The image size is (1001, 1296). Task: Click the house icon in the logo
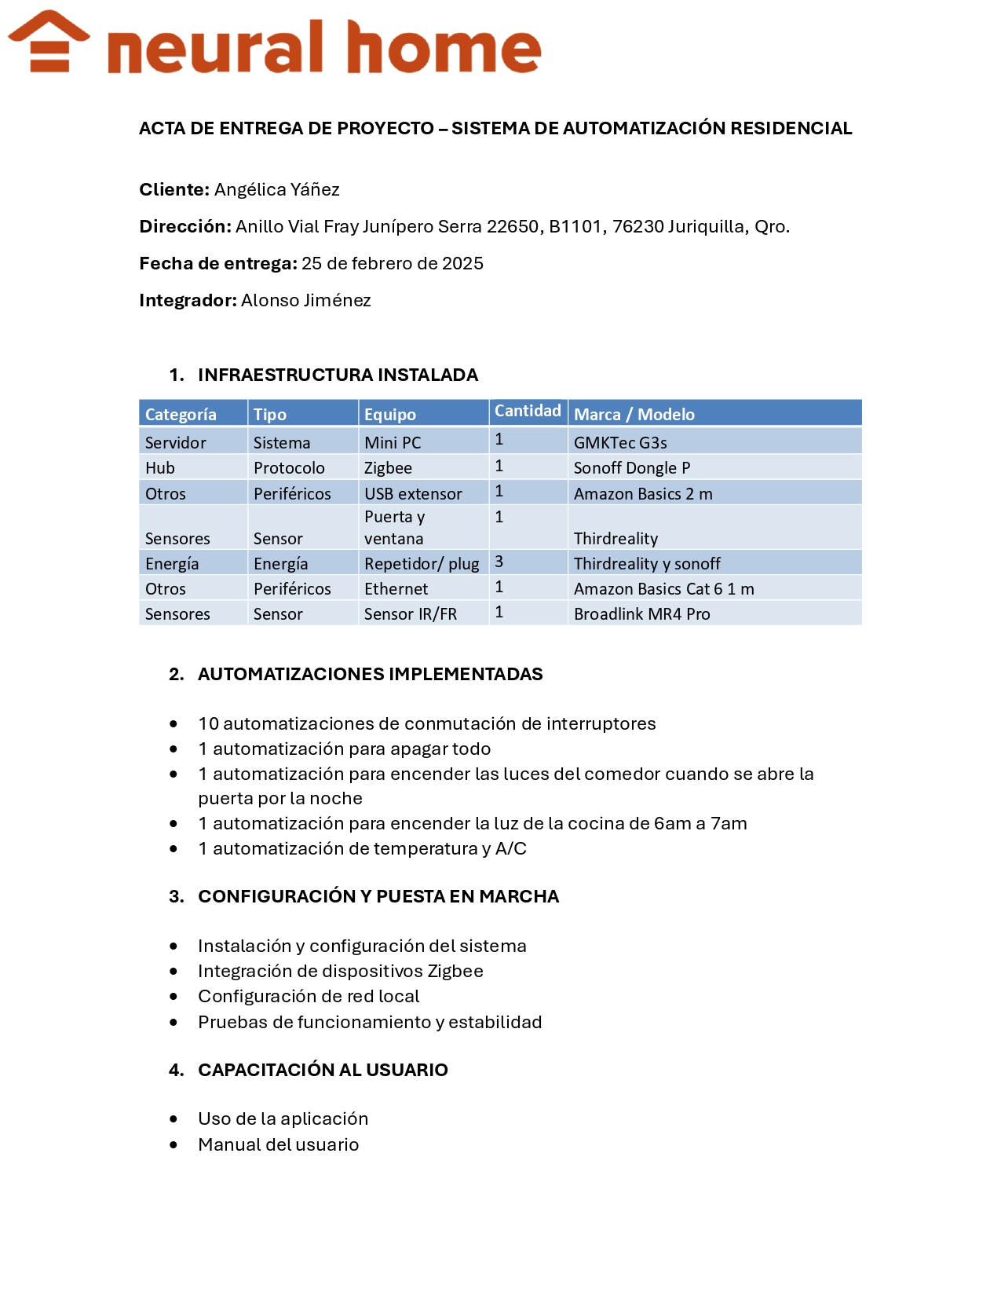click(x=49, y=42)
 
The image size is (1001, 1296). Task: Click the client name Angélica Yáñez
click(x=276, y=189)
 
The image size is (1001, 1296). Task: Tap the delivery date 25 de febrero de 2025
click(x=392, y=263)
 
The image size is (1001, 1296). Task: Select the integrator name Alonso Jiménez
click(x=305, y=300)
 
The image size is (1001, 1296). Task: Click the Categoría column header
click(x=181, y=414)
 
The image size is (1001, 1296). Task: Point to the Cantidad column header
click(x=527, y=411)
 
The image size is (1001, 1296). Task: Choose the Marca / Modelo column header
click(x=634, y=414)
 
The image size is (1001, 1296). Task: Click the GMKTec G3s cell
click(x=620, y=442)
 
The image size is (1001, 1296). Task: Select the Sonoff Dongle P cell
click(x=631, y=467)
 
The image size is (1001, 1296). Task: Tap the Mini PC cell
click(x=393, y=442)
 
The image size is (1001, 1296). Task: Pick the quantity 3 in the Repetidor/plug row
click(x=499, y=562)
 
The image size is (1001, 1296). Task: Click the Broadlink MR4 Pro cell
click(x=641, y=613)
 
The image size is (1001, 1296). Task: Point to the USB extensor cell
click(x=413, y=493)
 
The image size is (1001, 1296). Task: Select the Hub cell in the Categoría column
click(x=160, y=467)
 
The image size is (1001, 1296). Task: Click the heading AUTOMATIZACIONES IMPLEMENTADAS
click(x=370, y=674)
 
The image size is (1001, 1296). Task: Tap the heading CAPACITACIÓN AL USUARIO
click(x=323, y=1070)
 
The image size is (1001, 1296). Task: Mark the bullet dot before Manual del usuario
click(x=174, y=1144)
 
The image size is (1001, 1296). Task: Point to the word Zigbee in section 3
click(x=455, y=971)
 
